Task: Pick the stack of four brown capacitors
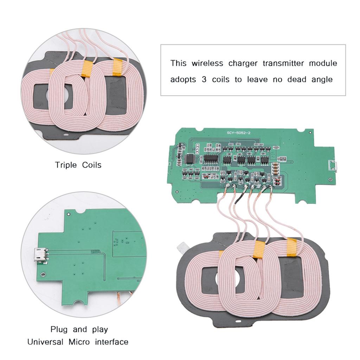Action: tap(276, 169)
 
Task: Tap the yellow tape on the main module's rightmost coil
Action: tap(292, 246)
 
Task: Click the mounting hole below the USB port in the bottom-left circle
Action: tap(43, 275)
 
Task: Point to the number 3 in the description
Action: tap(204, 80)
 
